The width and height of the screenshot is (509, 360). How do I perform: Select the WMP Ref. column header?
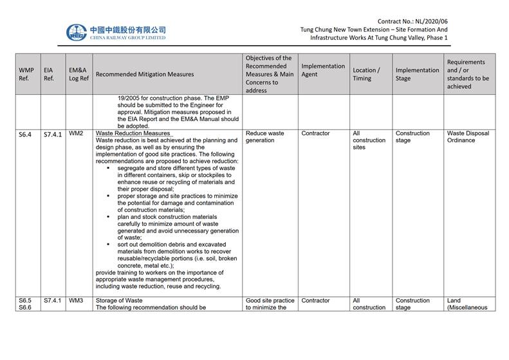pos(26,74)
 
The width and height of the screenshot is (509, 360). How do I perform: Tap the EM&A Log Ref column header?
pos(78,74)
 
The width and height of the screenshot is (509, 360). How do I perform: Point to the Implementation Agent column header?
pos(323,70)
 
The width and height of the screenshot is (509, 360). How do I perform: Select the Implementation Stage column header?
pos(417,74)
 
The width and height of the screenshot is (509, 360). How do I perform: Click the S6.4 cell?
pos(26,134)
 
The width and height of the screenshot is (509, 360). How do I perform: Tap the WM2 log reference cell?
pos(76,133)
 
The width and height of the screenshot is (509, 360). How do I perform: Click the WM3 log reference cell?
pos(76,301)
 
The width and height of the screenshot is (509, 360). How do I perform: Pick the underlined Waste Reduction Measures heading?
pos(133,133)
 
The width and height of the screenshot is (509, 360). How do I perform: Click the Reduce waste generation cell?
pos(264,137)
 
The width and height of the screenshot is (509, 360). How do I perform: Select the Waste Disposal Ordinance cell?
pos(467,137)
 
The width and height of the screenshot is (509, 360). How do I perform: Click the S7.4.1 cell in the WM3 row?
pos(51,301)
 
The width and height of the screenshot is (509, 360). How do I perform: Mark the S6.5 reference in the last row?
pos(25,301)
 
